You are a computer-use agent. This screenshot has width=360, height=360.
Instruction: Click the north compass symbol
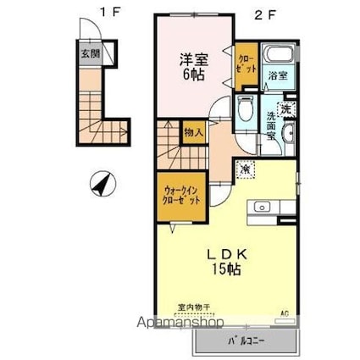[x=101, y=182]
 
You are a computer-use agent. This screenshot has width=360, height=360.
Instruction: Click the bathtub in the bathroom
[x=276, y=57]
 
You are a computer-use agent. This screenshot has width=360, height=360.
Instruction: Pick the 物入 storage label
[x=194, y=132]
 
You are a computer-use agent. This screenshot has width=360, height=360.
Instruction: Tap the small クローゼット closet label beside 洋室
[x=246, y=64]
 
